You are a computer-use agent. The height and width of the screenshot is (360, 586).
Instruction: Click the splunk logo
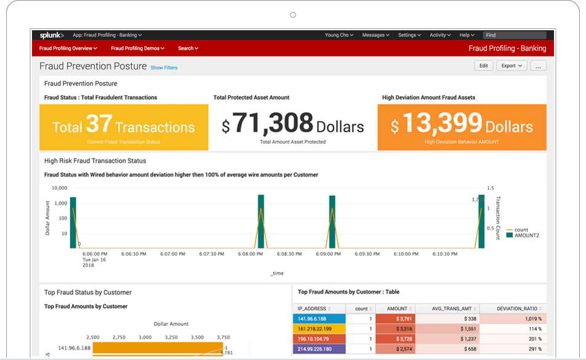coord(52,35)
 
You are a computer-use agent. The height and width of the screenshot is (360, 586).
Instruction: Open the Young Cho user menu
coord(339,35)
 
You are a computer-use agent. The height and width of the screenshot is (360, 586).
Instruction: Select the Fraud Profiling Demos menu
coord(137,48)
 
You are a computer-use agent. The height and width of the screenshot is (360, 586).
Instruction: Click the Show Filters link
coord(164,68)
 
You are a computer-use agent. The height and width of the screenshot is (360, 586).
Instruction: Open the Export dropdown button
coord(511,65)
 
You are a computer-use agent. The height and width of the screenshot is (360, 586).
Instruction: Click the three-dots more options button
coord(538,66)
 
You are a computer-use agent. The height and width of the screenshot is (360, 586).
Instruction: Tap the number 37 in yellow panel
coord(98,125)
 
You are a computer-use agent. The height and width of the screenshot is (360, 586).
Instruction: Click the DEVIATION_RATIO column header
coord(512,308)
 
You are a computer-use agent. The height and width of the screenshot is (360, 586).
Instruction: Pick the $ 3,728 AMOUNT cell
coord(396,339)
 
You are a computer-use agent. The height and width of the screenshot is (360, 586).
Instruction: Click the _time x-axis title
coord(277,273)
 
